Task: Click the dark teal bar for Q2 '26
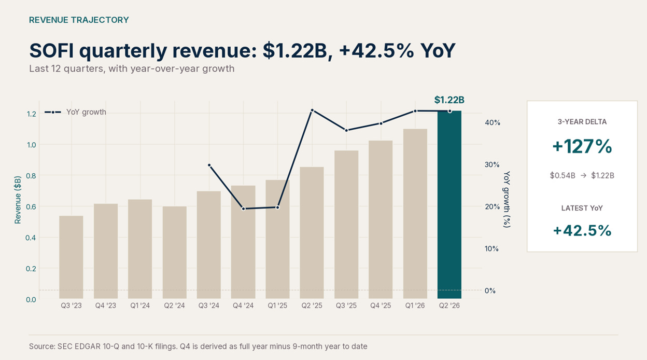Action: tap(449, 204)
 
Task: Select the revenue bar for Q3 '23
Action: tap(71, 257)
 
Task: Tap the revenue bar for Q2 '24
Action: tap(175, 253)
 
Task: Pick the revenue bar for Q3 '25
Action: tap(346, 225)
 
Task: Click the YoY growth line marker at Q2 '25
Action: tap(312, 110)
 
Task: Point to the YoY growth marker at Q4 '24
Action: tap(244, 209)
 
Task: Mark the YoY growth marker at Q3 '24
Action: tap(209, 165)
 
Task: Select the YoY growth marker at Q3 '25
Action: tap(347, 130)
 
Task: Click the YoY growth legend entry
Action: tap(75, 112)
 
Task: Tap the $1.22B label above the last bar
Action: tap(449, 100)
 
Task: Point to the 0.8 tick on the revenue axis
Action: tap(31, 176)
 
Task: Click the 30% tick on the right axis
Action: tap(492, 164)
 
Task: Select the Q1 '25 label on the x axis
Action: tap(277, 306)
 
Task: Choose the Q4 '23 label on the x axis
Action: tap(106, 306)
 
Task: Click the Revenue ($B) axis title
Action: tap(18, 200)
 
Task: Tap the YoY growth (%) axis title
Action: tap(507, 199)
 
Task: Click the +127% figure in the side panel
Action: tap(582, 146)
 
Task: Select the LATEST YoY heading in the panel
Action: tap(582, 208)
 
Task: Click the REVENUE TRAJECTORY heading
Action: tap(79, 20)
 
